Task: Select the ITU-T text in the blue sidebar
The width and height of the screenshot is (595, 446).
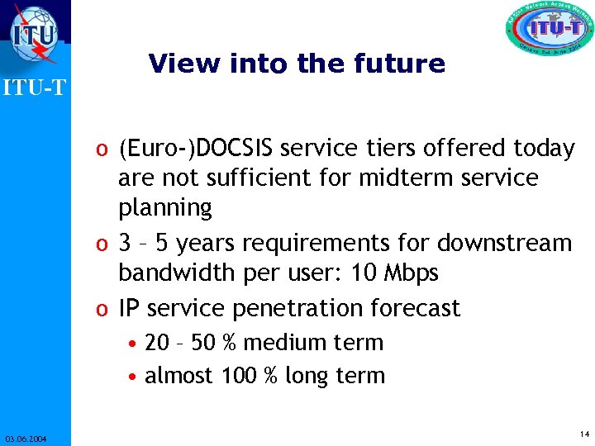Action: point(34,87)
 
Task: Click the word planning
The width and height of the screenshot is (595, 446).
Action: point(165,207)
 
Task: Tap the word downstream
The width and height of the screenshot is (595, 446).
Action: point(504,244)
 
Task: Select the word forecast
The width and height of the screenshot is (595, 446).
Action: point(414,308)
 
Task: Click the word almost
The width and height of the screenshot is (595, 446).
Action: point(180,376)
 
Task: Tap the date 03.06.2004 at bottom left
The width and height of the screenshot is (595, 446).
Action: point(25,439)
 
